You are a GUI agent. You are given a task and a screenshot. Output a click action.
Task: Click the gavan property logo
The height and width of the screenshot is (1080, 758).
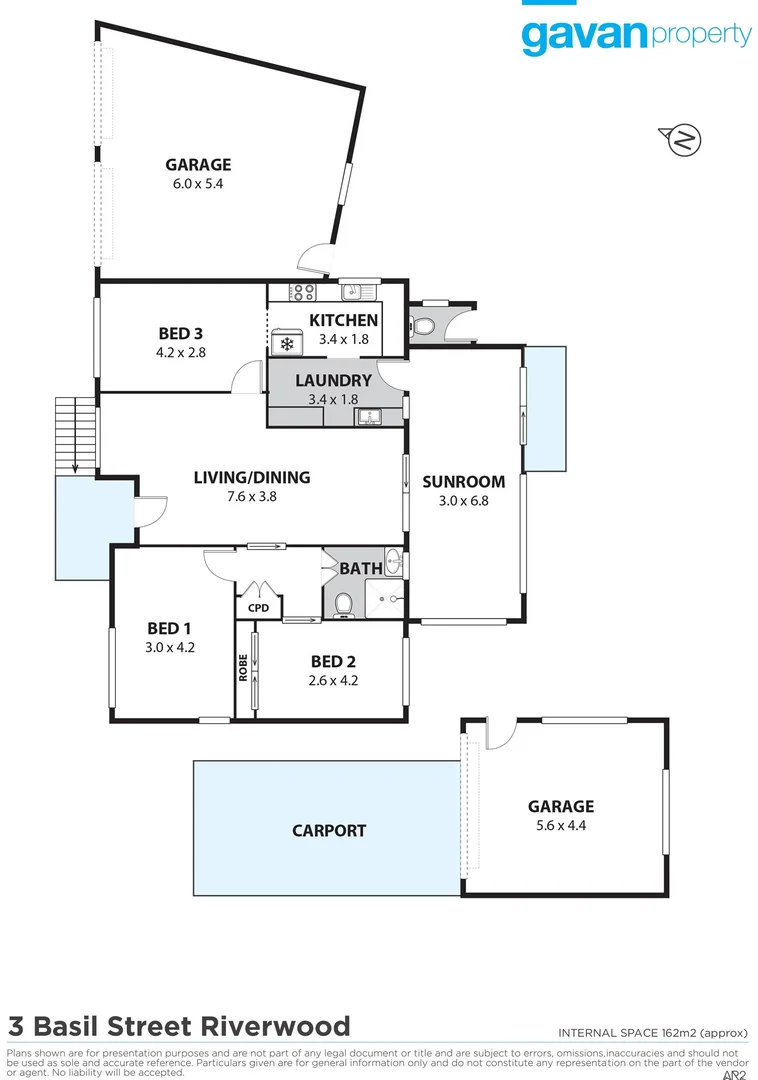click(x=635, y=36)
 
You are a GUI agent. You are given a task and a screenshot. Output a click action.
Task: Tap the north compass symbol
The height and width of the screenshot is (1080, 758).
click(x=684, y=140)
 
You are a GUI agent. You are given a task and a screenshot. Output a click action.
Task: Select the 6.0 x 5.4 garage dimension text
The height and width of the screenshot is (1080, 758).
click(x=198, y=184)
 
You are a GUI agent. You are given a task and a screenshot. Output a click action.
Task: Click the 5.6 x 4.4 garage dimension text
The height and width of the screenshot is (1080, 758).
click(x=561, y=825)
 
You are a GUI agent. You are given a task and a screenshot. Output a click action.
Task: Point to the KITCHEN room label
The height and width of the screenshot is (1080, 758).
click(x=343, y=320)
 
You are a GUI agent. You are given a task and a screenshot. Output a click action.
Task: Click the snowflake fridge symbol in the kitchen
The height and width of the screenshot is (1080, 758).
click(x=287, y=344)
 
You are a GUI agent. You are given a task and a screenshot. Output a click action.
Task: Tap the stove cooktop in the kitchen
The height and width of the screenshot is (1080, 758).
click(x=302, y=292)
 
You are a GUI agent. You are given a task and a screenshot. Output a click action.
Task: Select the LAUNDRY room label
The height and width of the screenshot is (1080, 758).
click(x=333, y=381)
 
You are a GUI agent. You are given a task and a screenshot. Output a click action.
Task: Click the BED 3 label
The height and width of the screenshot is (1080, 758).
click(x=181, y=333)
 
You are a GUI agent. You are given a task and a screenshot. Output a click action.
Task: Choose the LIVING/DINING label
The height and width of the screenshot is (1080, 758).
click(x=252, y=477)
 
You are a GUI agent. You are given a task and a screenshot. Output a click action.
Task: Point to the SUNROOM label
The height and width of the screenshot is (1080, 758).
click(x=463, y=481)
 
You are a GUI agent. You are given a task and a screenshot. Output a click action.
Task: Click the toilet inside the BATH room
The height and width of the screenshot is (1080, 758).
click(x=343, y=604)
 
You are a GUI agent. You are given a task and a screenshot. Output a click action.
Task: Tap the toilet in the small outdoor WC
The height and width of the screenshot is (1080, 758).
click(x=422, y=326)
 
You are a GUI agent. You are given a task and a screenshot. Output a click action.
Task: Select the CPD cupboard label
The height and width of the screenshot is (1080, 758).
click(x=259, y=606)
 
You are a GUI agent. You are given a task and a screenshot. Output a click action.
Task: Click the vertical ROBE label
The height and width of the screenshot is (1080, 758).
click(x=243, y=667)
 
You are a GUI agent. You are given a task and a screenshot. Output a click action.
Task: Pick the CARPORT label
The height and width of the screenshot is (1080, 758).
click(x=329, y=830)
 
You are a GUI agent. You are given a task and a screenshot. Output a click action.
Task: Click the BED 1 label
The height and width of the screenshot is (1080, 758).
click(x=169, y=628)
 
